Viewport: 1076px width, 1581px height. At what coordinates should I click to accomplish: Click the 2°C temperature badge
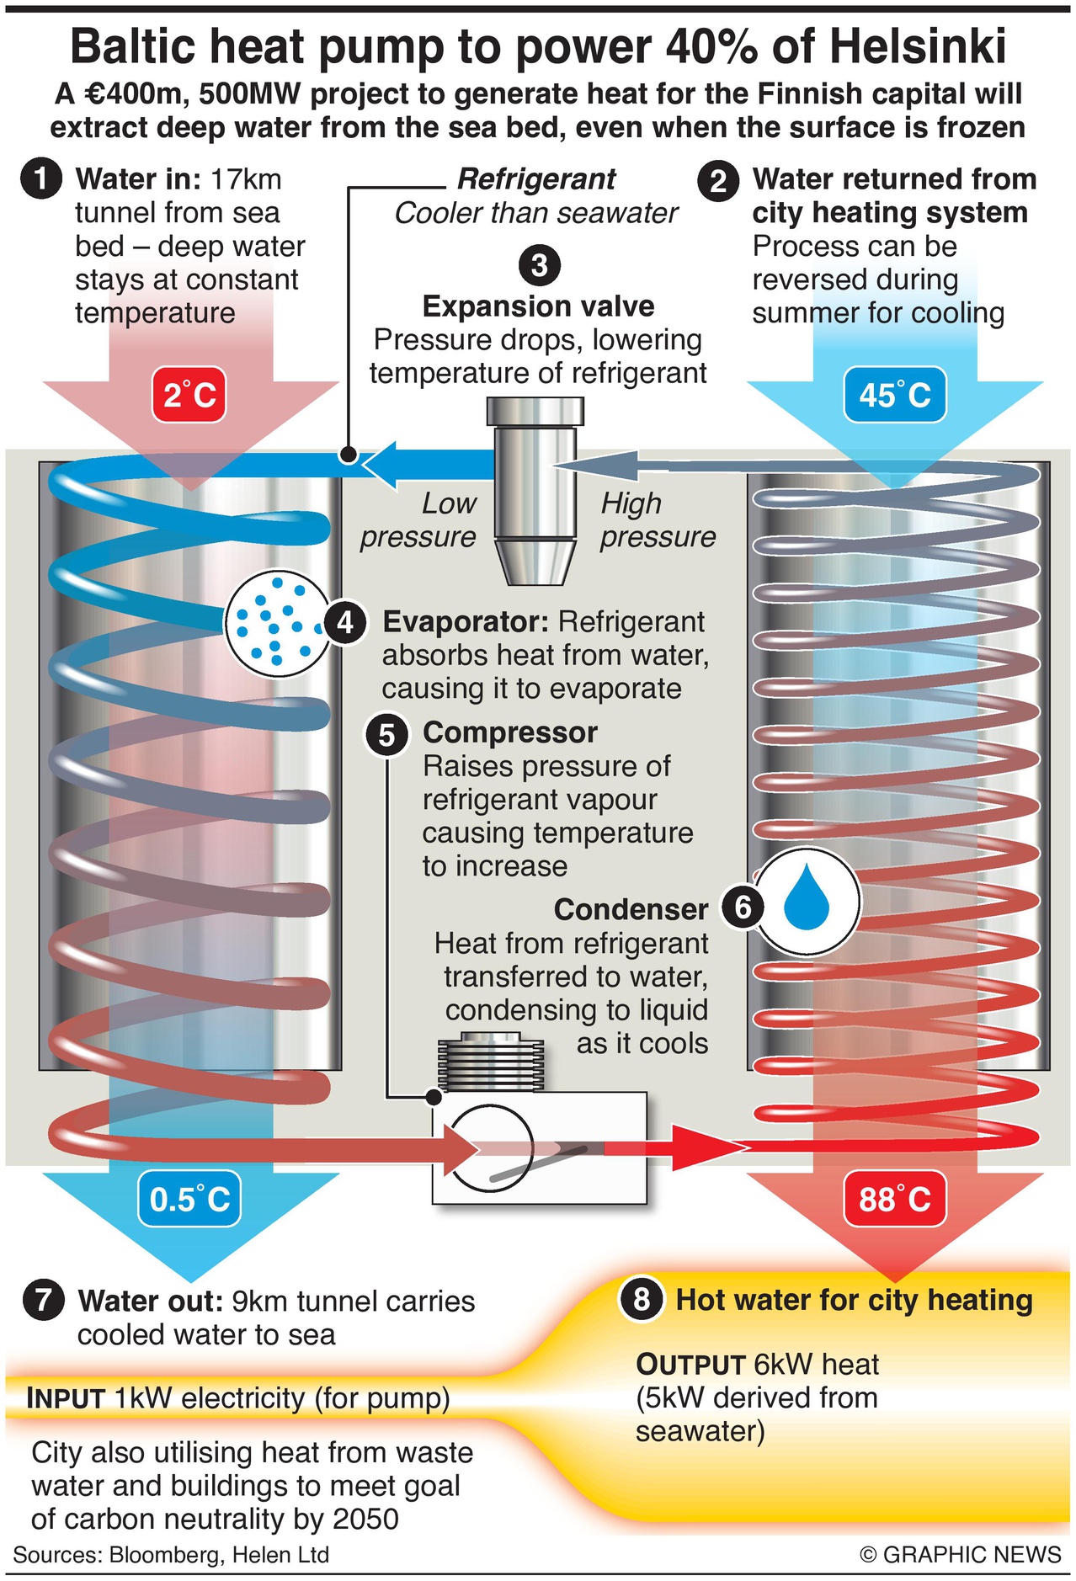tap(189, 394)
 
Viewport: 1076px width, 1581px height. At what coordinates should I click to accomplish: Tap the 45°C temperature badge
tap(894, 394)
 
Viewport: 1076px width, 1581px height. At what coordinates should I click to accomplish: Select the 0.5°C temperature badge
tap(189, 1199)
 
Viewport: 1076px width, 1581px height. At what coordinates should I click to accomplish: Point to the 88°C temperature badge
tap(894, 1199)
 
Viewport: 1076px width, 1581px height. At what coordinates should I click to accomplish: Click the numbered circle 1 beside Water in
tap(40, 179)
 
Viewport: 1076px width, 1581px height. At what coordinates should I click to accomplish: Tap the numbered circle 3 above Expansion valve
tap(540, 265)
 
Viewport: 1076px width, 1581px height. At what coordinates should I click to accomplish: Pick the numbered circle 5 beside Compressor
tap(386, 734)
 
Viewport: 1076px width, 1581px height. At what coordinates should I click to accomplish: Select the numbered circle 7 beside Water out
tap(44, 1301)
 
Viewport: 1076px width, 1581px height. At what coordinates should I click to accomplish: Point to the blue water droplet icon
tap(807, 901)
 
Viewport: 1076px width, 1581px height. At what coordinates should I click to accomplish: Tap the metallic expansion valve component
tap(535, 488)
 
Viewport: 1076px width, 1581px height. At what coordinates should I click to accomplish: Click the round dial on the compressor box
tap(492, 1147)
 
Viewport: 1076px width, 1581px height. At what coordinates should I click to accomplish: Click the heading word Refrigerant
tap(536, 179)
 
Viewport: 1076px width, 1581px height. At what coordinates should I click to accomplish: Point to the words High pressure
tap(657, 520)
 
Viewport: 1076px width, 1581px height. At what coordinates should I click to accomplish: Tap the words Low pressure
tap(418, 520)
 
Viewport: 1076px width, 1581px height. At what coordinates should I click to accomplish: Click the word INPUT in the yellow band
tap(66, 1398)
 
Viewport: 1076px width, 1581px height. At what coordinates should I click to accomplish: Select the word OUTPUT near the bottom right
tap(690, 1365)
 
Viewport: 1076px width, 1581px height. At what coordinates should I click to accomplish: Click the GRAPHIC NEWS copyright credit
tap(961, 1554)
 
